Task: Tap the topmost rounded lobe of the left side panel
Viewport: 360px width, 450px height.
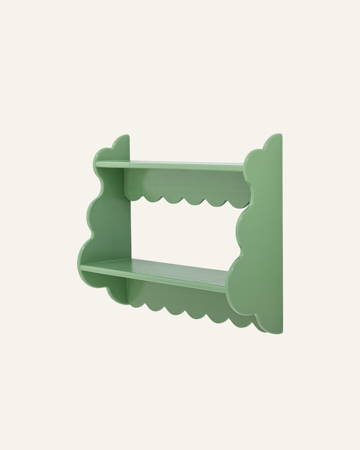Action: pos(121,144)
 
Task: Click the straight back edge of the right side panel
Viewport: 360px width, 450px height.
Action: pos(282,240)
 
